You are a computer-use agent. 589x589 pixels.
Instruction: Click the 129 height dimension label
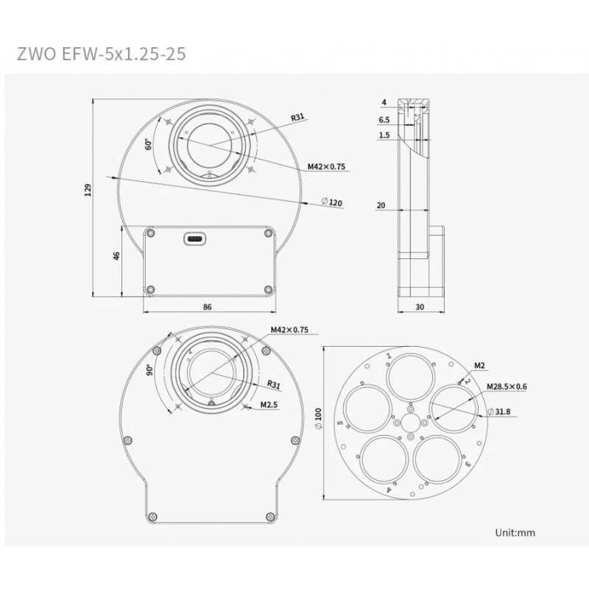[x=88, y=190]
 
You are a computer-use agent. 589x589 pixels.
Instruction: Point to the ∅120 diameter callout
[x=334, y=202]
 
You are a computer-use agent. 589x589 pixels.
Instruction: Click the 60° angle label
[x=149, y=144]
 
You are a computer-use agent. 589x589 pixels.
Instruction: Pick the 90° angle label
[x=149, y=370]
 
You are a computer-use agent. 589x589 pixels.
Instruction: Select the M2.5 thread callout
[x=269, y=404]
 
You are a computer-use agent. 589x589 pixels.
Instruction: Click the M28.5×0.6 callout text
[x=507, y=386]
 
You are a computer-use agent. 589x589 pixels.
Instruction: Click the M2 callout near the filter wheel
[x=479, y=364]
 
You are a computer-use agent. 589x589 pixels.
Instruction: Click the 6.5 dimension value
[x=384, y=119]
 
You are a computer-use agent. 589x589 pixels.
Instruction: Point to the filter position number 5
[x=339, y=423]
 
